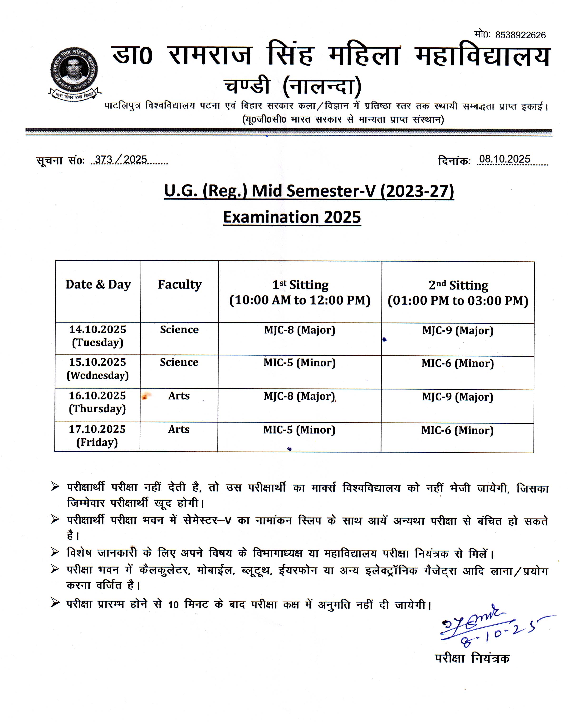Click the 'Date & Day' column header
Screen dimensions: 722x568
pyautogui.click(x=98, y=285)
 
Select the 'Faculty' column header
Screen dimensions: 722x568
pyautogui.click(x=180, y=285)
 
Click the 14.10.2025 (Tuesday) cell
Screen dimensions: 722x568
pyautogui.click(x=98, y=336)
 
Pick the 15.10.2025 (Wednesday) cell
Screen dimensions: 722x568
pyautogui.click(x=98, y=369)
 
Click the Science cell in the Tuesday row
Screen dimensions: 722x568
pyautogui.click(x=179, y=330)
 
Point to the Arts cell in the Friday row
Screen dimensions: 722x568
pyautogui.click(x=179, y=429)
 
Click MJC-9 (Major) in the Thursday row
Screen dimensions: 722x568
pyautogui.click(x=458, y=397)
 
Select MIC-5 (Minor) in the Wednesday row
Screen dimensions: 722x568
pyautogui.click(x=300, y=363)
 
